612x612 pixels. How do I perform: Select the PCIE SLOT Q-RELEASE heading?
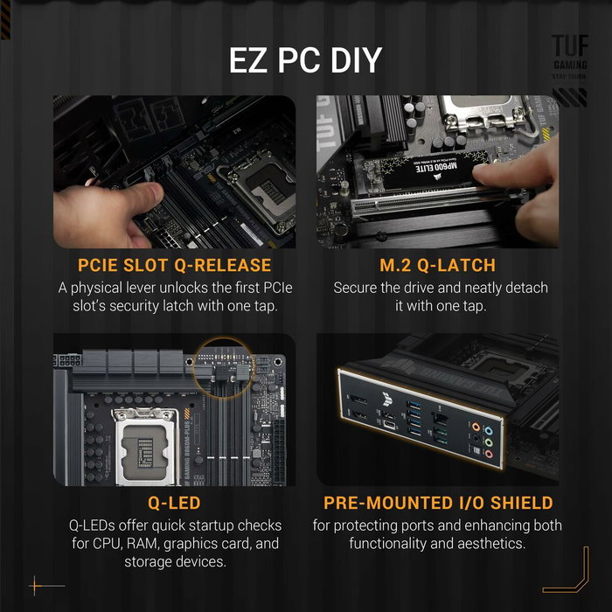[x=175, y=265]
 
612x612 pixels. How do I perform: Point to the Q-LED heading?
[x=175, y=503]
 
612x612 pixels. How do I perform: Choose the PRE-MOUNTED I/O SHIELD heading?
[x=438, y=503]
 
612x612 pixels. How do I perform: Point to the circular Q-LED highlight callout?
[x=222, y=363]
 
